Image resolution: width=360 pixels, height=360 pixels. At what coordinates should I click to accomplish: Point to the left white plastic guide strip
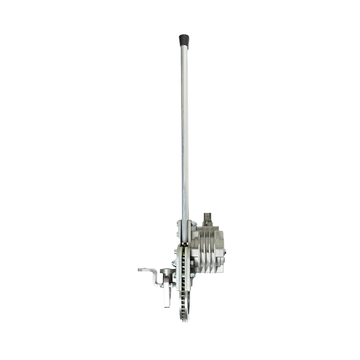[180, 266]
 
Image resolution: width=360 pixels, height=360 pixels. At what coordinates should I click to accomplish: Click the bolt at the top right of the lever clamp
[194, 224]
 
